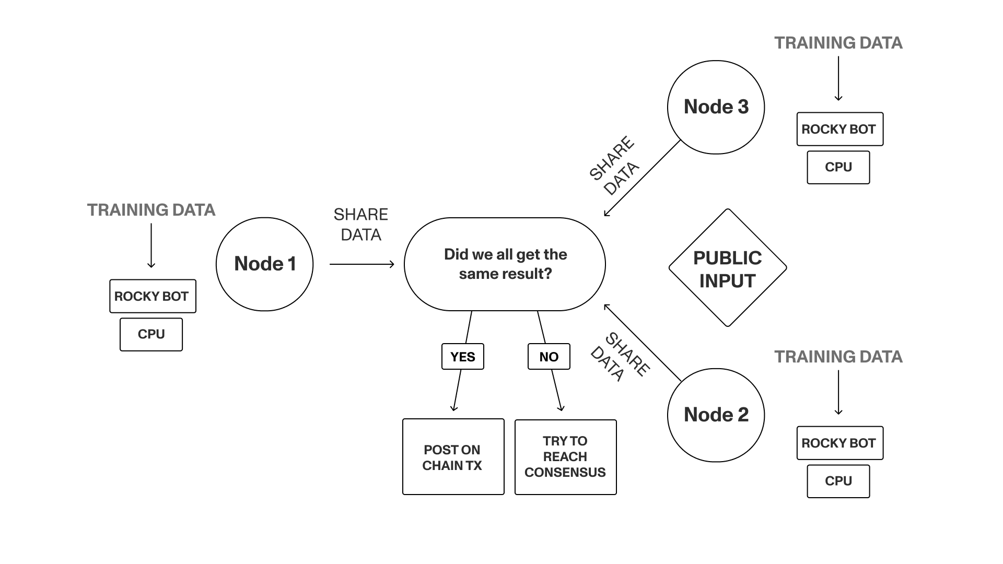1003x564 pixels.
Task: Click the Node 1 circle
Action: [x=264, y=264]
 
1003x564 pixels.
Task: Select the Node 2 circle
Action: [x=716, y=415]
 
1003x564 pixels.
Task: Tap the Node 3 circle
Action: [x=716, y=107]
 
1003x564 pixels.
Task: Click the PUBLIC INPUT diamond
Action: [x=727, y=268]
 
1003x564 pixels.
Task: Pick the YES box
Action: [x=462, y=357]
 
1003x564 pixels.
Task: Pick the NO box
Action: [x=549, y=357]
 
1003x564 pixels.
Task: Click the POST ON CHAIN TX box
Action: [x=453, y=457]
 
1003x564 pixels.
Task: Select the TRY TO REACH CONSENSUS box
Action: [x=565, y=457]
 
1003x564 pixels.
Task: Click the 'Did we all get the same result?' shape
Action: [x=505, y=264]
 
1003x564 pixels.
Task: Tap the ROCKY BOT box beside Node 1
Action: [x=153, y=296]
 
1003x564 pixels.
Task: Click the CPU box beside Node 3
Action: [x=838, y=167]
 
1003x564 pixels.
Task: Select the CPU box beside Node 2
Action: [x=838, y=481]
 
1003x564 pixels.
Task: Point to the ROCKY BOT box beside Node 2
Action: [x=839, y=443]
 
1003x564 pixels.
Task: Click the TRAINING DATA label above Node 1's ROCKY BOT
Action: [x=151, y=210]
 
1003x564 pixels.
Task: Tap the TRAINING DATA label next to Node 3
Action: [x=838, y=43]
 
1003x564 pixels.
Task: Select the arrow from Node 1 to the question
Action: [x=361, y=264]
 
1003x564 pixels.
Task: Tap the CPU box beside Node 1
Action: [x=151, y=334]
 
